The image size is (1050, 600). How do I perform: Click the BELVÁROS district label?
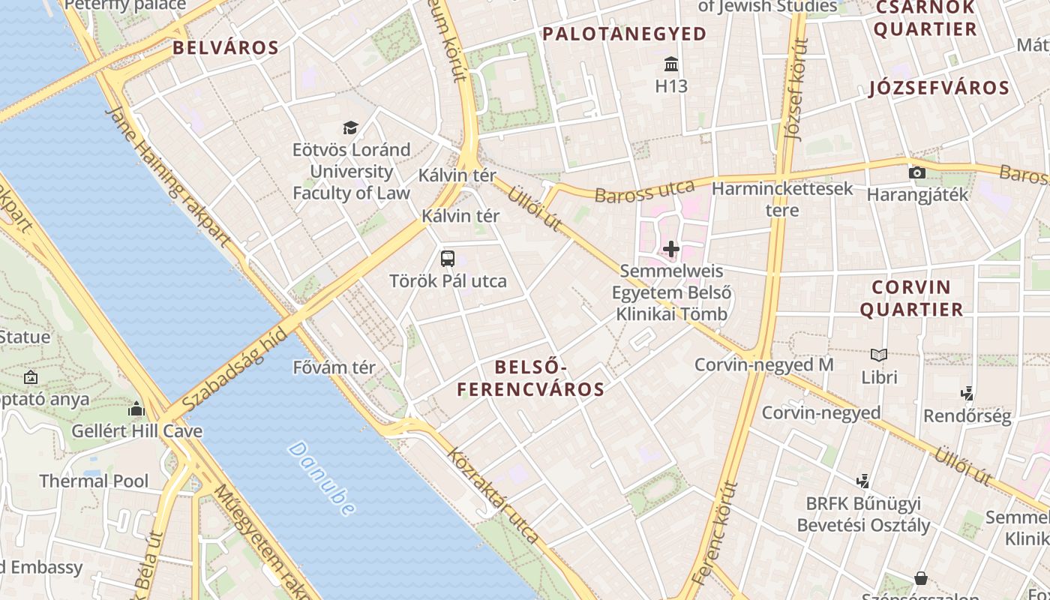pos(226,48)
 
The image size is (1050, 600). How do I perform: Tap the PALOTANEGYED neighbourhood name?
pos(625,34)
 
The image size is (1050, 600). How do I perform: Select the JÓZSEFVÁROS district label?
pos(939,88)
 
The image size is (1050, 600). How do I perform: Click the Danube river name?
pos(322,478)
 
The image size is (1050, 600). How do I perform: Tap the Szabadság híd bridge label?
pos(235,365)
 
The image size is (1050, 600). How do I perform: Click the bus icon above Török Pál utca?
pos(448,259)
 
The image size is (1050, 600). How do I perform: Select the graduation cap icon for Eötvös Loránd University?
pos(350,127)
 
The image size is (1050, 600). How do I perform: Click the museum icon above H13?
pos(671,64)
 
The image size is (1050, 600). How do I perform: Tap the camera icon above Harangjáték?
pos(916,172)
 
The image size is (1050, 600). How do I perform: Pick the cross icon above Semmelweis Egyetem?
pos(671,248)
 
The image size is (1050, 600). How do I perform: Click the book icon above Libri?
pos(879,354)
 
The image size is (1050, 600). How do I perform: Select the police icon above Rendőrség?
pos(967,393)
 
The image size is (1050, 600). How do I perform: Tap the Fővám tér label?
pos(334,368)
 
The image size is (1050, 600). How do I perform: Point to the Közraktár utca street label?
pos(493,496)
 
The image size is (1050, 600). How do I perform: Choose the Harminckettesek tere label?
pos(782,199)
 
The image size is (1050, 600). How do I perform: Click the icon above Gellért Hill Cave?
pos(136,409)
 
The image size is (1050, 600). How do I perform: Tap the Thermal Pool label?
pos(94,481)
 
